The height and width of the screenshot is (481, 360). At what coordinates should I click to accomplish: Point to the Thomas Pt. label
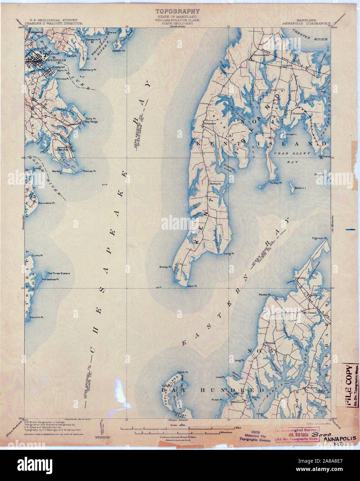click(89, 171)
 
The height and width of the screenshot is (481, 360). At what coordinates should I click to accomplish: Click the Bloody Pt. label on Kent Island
click(165, 267)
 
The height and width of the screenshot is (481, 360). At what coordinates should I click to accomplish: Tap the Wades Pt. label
click(264, 294)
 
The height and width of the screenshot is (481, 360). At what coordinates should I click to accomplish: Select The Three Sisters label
click(58, 273)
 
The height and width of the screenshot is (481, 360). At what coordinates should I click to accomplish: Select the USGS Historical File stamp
click(256, 435)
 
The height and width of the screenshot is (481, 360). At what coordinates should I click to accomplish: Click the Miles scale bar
click(180, 429)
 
